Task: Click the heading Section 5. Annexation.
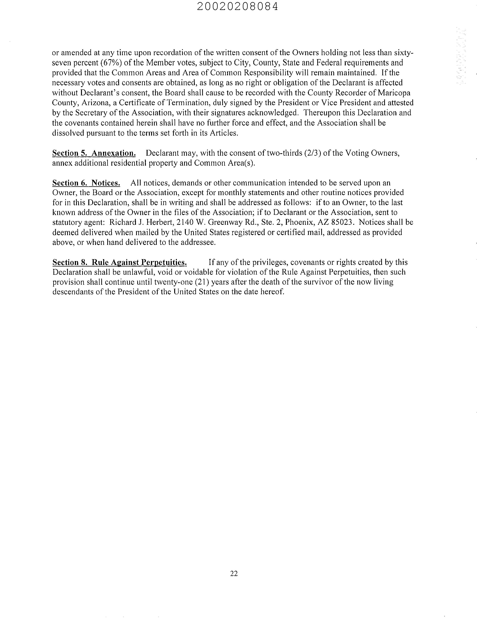coord(94,153)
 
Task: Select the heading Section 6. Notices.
coord(86,183)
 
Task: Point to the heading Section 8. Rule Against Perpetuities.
coord(119,262)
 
